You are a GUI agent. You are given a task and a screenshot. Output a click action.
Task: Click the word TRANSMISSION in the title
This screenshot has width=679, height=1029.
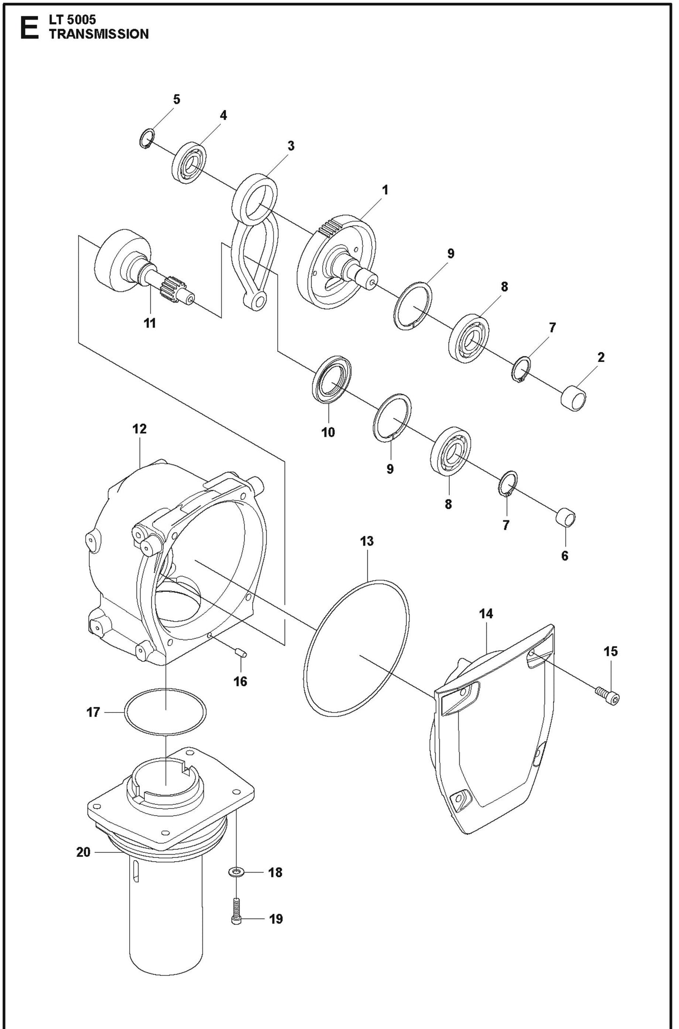pos(99,34)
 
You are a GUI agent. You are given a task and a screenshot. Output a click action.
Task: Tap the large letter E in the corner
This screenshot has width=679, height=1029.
pos(29,28)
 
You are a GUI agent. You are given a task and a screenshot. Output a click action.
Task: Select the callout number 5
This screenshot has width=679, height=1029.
pos(177,99)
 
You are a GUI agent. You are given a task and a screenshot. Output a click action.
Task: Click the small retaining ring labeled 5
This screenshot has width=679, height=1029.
pos(147,140)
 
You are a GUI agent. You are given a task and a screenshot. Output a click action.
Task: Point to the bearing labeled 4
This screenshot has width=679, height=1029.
pos(190,163)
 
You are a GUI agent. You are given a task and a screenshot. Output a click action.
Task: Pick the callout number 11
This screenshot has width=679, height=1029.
pos(149,323)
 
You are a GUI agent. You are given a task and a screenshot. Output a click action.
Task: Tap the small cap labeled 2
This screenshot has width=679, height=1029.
pos(574,398)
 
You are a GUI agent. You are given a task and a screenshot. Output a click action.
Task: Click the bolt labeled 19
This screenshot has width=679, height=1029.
pos(236,911)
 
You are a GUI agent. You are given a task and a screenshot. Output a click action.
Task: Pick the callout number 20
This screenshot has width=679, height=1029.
pos(83,852)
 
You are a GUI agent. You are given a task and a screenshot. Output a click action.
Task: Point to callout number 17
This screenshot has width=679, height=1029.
pos(93,712)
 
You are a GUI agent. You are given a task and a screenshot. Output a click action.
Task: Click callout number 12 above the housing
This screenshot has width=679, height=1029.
pos(140,429)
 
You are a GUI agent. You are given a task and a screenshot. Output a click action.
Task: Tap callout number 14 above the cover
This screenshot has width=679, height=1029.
pos(486,613)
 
